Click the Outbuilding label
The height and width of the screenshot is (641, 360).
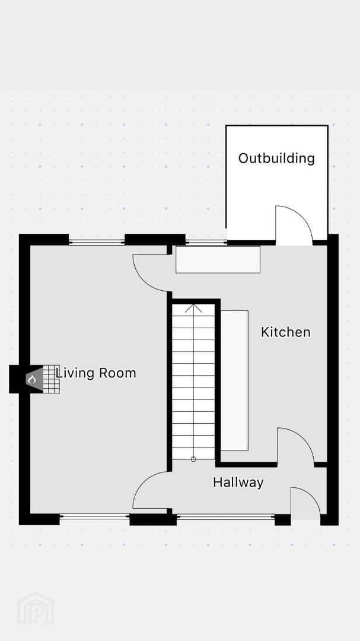[276, 158]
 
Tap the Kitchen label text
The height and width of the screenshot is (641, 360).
[286, 332]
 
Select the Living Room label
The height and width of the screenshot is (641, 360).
[95, 373]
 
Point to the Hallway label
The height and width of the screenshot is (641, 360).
[238, 483]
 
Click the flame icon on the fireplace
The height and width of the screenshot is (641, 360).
[32, 379]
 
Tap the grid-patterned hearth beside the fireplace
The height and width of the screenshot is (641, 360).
[51, 379]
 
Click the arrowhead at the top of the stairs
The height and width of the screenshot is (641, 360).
[193, 308]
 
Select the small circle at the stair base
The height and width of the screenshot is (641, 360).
[193, 459]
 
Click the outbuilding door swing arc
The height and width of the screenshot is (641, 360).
[303, 215]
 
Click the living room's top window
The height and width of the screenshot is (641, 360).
[97, 242]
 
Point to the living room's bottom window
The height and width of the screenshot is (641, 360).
[95, 517]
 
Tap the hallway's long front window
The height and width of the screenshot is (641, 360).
[225, 517]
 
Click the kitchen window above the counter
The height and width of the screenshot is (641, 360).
[206, 242]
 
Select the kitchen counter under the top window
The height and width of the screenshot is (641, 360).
[218, 259]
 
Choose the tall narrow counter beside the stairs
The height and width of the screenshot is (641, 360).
[234, 380]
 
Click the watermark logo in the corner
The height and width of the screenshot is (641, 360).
[36, 608]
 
